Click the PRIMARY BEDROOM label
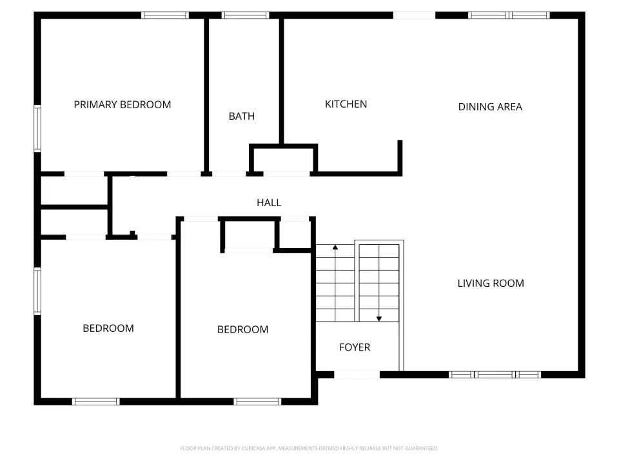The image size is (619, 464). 123,104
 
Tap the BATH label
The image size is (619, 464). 242,117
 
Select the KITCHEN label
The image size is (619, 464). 346,104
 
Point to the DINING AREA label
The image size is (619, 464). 490,107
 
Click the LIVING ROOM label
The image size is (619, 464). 491,284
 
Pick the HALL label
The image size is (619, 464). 269,203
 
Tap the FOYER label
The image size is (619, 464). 355,347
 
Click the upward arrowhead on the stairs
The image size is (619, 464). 335,247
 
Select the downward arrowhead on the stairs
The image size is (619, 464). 379,319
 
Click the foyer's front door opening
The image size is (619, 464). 357,375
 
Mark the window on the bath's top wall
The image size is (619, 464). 245,15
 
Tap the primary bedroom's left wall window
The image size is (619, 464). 37,129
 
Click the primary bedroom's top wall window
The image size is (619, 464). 165,15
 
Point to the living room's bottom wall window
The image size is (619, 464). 495,375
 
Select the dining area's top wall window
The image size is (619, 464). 509,15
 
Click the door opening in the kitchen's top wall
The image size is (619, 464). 414,15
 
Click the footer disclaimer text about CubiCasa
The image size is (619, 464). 309,449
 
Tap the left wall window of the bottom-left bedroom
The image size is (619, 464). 37,291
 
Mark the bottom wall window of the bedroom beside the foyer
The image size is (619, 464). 257,401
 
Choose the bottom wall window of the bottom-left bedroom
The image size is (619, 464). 96,401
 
